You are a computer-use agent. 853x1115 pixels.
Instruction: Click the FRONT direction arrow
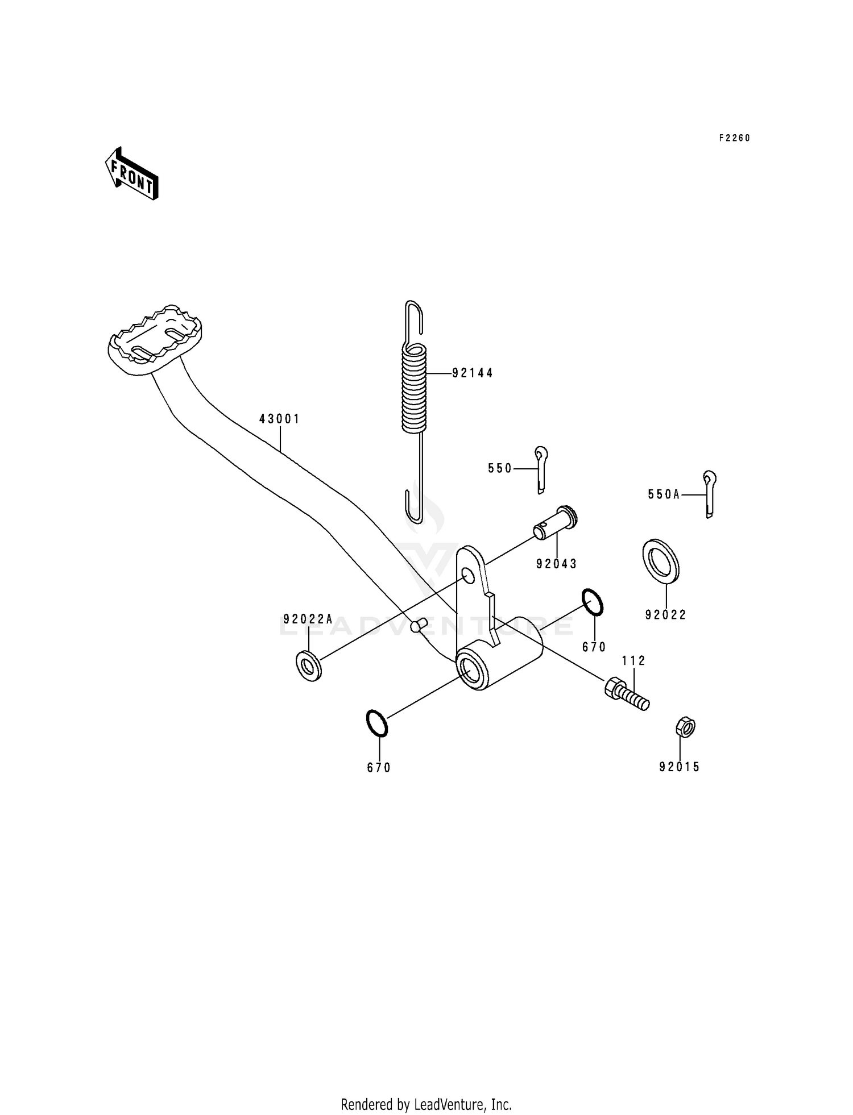[131, 174]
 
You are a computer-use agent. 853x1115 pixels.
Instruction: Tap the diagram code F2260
[734, 138]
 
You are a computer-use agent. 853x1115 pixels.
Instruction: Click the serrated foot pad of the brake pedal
[155, 340]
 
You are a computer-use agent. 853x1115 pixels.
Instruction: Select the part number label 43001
[279, 419]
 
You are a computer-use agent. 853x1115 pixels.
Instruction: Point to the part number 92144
[473, 373]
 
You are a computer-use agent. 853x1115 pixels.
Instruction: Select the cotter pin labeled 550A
[709, 493]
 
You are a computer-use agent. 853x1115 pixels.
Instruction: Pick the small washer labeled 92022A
[309, 665]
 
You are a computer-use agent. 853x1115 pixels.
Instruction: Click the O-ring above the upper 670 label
[592, 602]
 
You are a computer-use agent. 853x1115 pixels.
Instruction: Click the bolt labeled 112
[627, 694]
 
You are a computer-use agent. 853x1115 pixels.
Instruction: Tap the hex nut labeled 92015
[685, 727]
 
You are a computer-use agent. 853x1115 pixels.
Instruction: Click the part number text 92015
[679, 767]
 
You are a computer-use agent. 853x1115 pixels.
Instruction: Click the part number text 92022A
[308, 619]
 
